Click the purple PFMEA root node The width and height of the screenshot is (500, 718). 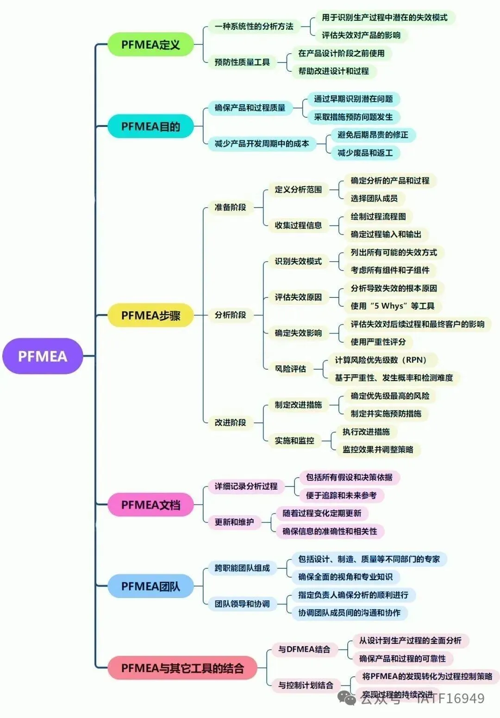tap(43, 356)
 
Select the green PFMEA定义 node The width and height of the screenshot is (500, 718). tap(150, 45)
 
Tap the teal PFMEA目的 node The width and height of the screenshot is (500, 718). tap(150, 126)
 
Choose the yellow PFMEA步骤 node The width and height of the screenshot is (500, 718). tap(150, 315)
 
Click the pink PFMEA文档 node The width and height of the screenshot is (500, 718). tap(150, 504)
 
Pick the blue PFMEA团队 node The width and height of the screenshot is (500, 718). tap(150, 586)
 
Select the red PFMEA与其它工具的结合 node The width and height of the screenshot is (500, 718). tap(182, 668)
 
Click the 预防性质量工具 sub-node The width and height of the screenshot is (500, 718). tap(242, 62)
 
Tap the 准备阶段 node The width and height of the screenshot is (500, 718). tap(230, 207)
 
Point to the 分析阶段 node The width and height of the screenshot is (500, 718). tap(230, 315)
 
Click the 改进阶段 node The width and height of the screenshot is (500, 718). tap(230, 422)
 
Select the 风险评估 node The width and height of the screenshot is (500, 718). tap(290, 369)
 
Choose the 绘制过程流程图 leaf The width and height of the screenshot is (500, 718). tap(378, 216)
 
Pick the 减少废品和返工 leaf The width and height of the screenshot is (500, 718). tap(365, 153)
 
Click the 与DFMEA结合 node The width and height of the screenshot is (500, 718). tap(304, 649)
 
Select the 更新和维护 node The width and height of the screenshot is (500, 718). tap(234, 522)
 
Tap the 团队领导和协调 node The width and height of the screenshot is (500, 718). tap(242, 604)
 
